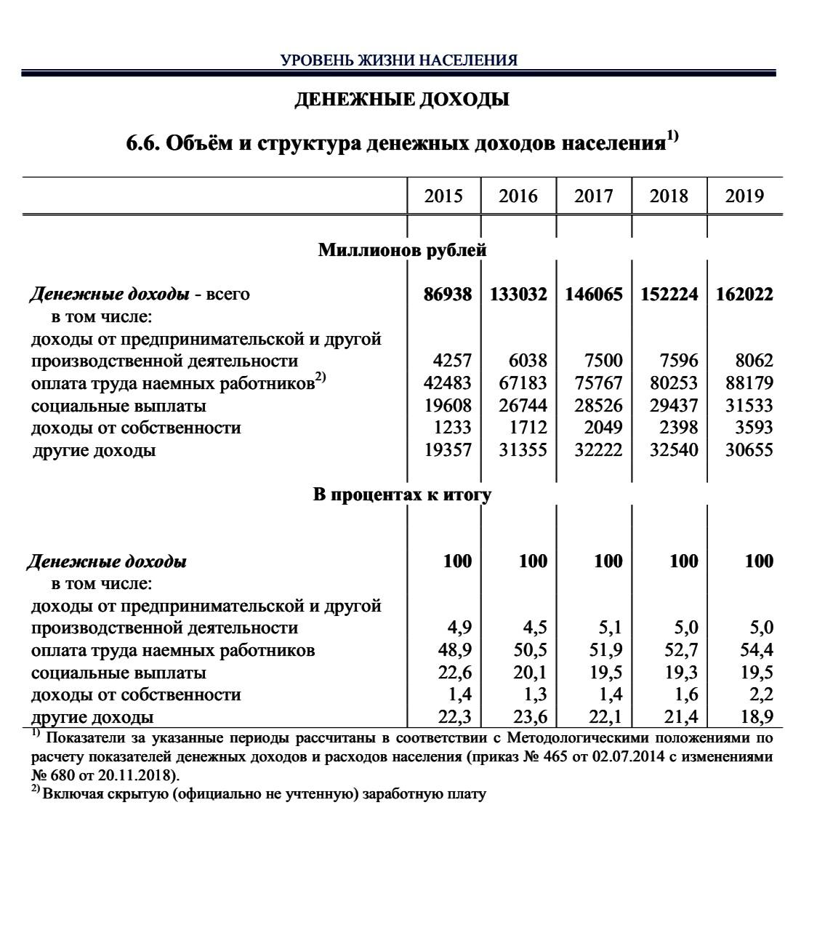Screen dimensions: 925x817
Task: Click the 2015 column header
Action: tap(443, 196)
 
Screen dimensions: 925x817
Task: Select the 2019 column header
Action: tap(744, 196)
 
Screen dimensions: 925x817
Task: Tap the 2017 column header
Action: tap(593, 196)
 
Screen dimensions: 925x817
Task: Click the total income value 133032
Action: tap(518, 295)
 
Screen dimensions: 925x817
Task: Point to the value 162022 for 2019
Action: tap(744, 295)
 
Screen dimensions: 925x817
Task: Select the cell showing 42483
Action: tap(448, 383)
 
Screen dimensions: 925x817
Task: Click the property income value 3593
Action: tap(749, 428)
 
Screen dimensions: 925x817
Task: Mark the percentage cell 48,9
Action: tap(456, 650)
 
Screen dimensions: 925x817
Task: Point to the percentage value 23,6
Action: tap(531, 717)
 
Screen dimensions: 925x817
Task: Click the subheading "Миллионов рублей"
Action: tap(402, 251)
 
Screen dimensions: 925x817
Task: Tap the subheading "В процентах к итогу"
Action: tap(402, 495)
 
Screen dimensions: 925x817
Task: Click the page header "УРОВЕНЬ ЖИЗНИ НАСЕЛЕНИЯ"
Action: tap(399, 60)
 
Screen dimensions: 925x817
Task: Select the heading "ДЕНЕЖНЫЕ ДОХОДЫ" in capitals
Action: tap(402, 100)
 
